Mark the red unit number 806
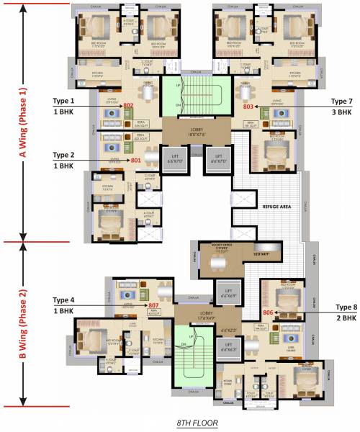pyautogui.click(x=268, y=312)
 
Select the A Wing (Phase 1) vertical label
pyautogui.click(x=23, y=122)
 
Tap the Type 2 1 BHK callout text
pyautogui.click(x=63, y=160)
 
